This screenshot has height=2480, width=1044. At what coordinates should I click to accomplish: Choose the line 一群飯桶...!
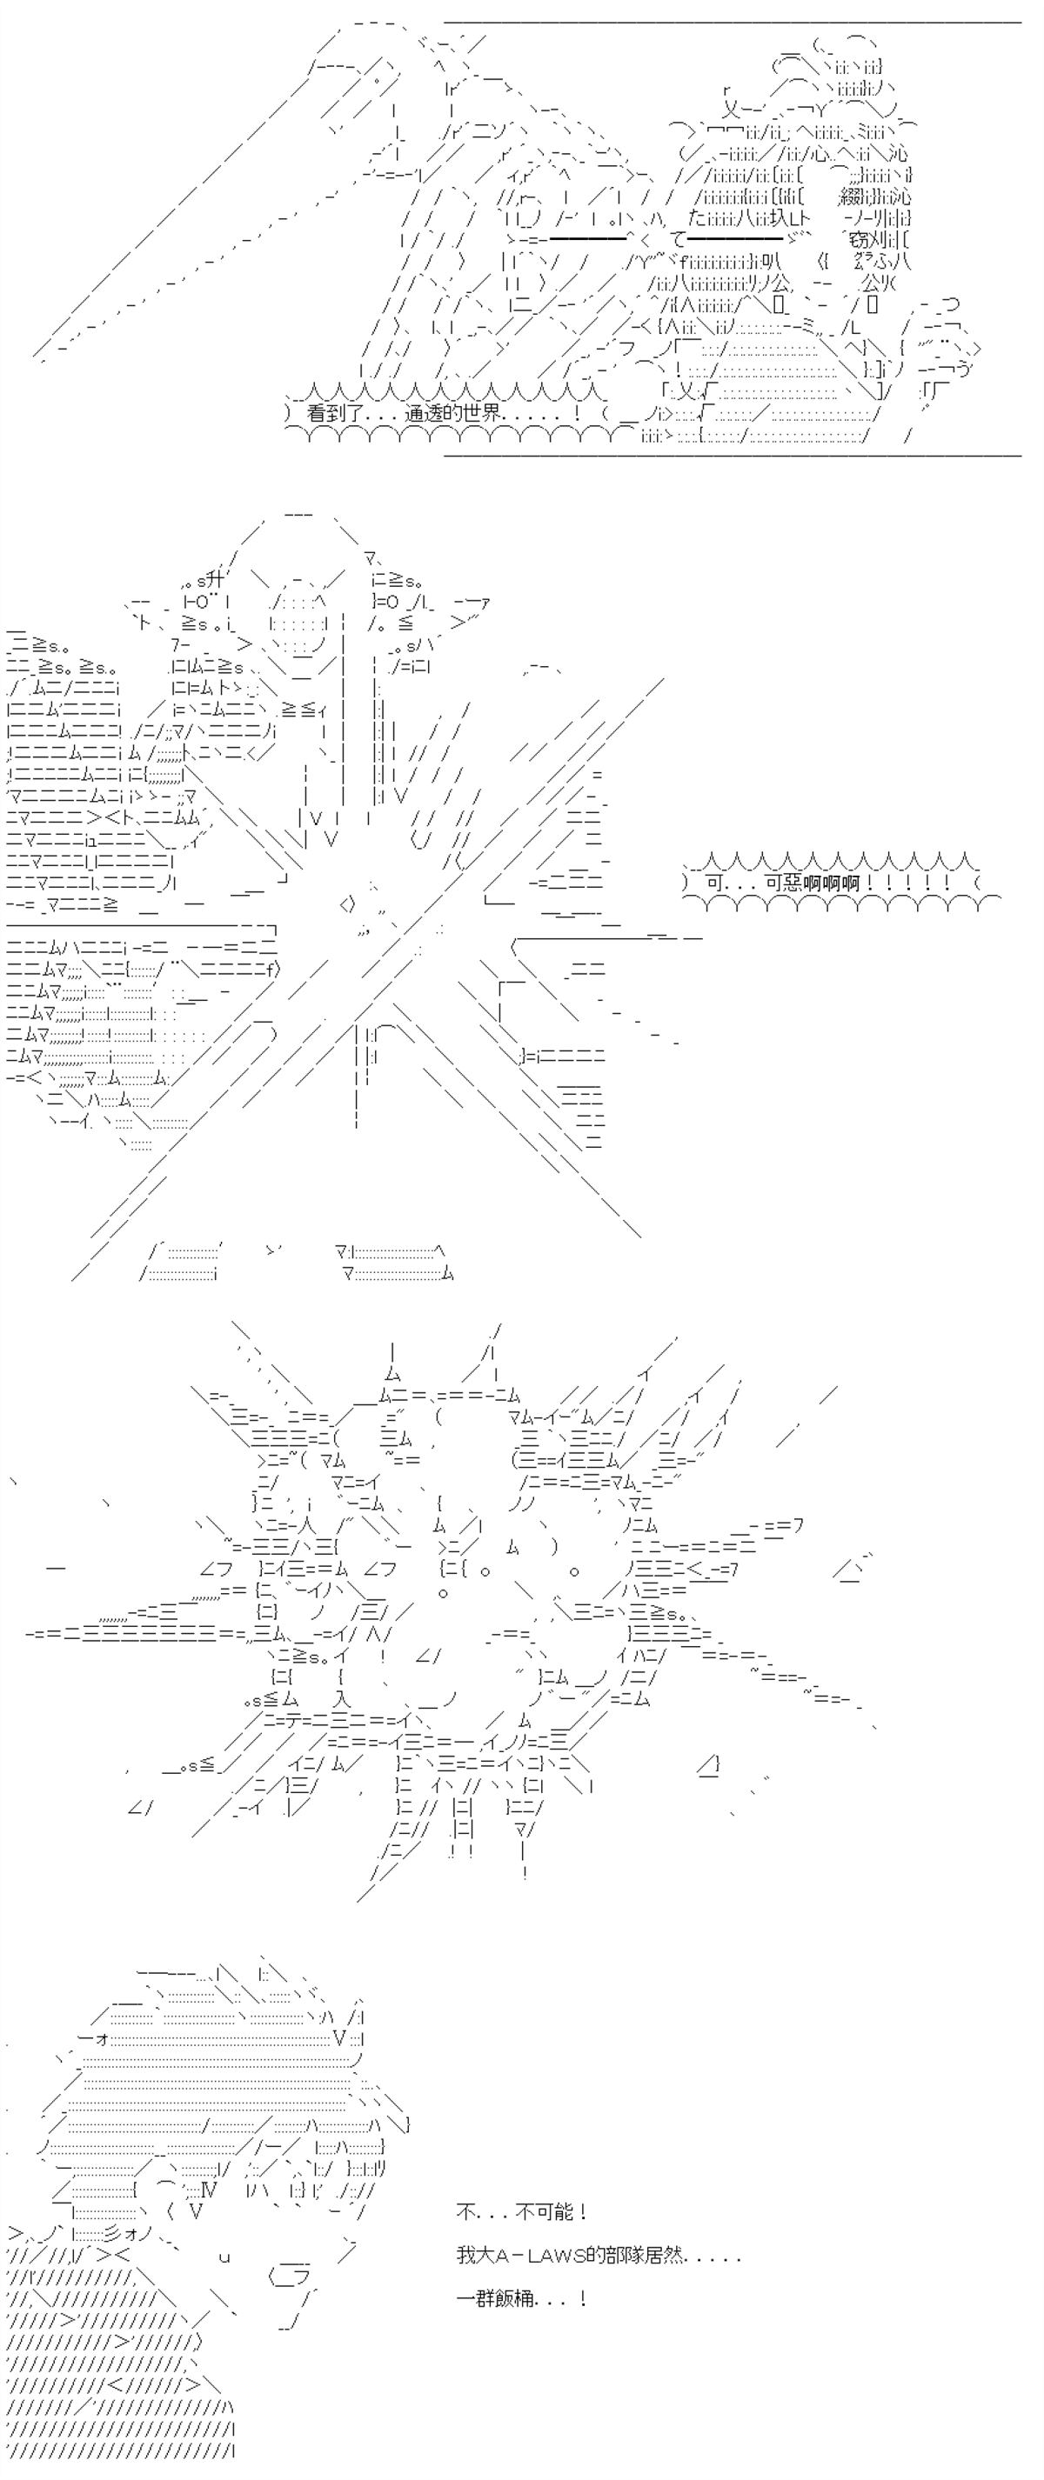click(x=522, y=2298)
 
